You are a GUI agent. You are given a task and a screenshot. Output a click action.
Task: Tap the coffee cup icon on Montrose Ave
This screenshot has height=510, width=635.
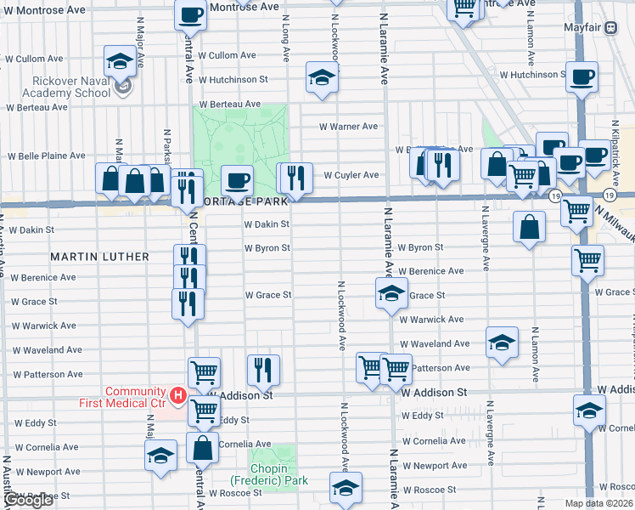[x=190, y=14]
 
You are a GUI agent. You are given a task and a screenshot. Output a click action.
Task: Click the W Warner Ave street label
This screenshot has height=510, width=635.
[x=348, y=127]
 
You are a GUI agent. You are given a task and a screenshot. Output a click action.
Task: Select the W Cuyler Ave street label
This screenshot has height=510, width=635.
[x=351, y=176]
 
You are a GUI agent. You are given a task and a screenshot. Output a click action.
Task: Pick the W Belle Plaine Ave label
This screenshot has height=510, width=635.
[x=47, y=156]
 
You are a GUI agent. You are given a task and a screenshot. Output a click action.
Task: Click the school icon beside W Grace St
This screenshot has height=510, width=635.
[x=391, y=294]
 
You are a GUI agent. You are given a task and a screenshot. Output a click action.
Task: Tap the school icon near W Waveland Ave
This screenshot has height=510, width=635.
[x=502, y=342]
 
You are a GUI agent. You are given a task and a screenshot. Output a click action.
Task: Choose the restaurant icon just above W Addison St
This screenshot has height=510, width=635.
[x=264, y=369]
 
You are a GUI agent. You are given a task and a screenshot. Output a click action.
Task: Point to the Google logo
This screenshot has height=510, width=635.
[x=27, y=501]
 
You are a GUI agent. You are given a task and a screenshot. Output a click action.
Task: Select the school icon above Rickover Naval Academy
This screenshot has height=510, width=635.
[x=121, y=61]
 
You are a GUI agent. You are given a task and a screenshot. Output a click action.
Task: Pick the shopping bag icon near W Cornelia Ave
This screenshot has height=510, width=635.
[x=203, y=447]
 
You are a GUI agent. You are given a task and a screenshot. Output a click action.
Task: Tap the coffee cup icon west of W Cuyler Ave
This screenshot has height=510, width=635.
[x=237, y=180]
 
